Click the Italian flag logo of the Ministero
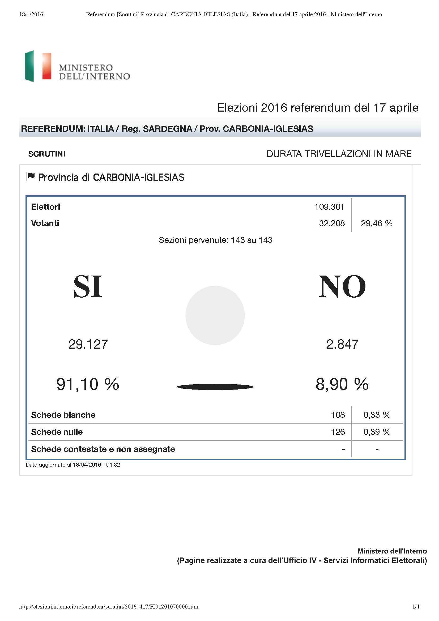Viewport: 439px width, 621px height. [38, 66]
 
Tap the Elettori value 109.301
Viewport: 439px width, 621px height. [329, 207]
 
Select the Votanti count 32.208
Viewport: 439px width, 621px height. [332, 223]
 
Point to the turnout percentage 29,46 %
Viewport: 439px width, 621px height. [377, 223]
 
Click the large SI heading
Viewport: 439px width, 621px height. [88, 287]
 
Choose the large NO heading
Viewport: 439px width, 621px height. [342, 287]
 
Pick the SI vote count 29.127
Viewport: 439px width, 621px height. [88, 344]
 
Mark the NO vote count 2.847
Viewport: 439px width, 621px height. [342, 344]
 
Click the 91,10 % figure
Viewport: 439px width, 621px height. [88, 384]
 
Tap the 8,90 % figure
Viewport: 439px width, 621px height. [342, 384]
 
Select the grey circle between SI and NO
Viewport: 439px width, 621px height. [215, 315]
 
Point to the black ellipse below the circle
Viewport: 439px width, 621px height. [215, 387]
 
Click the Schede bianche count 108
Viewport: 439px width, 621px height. [338, 415]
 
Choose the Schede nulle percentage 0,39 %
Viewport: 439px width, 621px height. [377, 432]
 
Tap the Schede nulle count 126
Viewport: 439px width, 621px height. [338, 432]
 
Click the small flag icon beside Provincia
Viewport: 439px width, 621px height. [31, 177]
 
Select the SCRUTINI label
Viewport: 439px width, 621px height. [47, 154]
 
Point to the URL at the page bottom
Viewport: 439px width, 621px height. [108, 607]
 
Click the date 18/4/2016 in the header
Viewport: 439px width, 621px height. [31, 14]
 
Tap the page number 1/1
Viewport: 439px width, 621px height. [416, 607]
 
